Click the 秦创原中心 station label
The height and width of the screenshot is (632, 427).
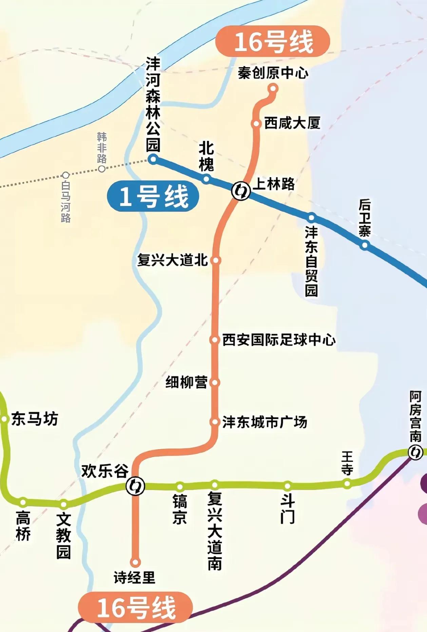tap(273, 73)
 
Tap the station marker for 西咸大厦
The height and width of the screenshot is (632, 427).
tap(256, 123)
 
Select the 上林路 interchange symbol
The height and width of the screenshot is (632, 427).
tap(241, 191)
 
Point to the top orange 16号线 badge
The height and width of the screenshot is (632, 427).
tap(273, 41)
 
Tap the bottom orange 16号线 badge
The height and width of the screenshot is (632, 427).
tap(136, 607)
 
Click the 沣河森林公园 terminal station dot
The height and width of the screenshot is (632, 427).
tap(153, 159)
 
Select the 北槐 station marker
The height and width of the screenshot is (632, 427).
tap(206, 179)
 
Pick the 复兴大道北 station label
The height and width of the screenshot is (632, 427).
tap(172, 260)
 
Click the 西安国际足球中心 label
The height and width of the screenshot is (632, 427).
tap(279, 340)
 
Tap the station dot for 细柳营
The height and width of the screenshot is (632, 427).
tap(214, 383)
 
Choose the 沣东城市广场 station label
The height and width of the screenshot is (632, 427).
tap(265, 422)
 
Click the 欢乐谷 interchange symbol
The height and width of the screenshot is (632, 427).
tap(135, 486)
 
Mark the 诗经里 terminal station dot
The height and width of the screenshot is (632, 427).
tap(136, 562)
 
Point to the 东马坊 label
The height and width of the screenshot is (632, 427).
tap(35, 419)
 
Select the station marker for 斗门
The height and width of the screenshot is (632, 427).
tap(287, 486)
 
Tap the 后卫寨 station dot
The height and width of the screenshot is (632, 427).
tap(365, 245)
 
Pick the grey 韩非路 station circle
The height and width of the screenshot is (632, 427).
tap(101, 169)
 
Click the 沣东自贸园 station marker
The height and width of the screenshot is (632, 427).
tap(311, 217)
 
